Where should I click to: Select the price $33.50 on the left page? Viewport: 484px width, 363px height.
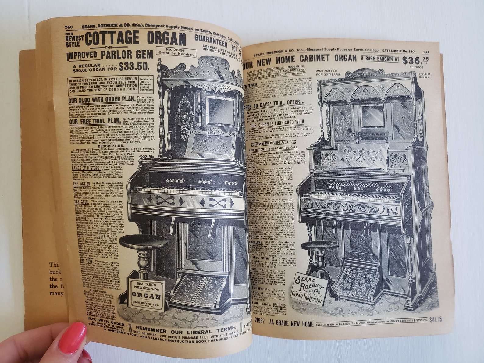134,66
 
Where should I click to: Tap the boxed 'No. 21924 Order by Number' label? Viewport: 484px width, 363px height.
176,52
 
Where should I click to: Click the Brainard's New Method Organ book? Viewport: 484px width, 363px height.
146,294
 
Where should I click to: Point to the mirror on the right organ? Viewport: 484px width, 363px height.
372,116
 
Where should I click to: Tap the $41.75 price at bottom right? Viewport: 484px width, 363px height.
435,320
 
